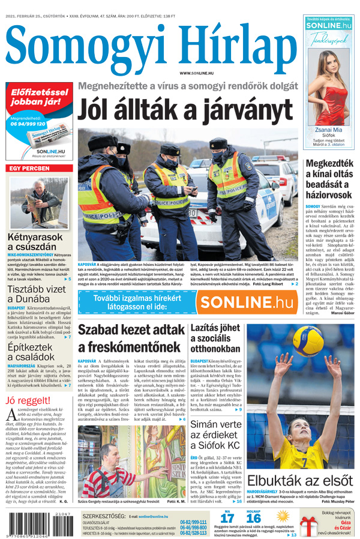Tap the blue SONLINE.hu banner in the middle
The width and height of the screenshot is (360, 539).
point(188,303)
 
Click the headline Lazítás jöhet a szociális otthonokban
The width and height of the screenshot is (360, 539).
point(215,339)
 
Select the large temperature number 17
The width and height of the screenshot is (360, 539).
point(227,519)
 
